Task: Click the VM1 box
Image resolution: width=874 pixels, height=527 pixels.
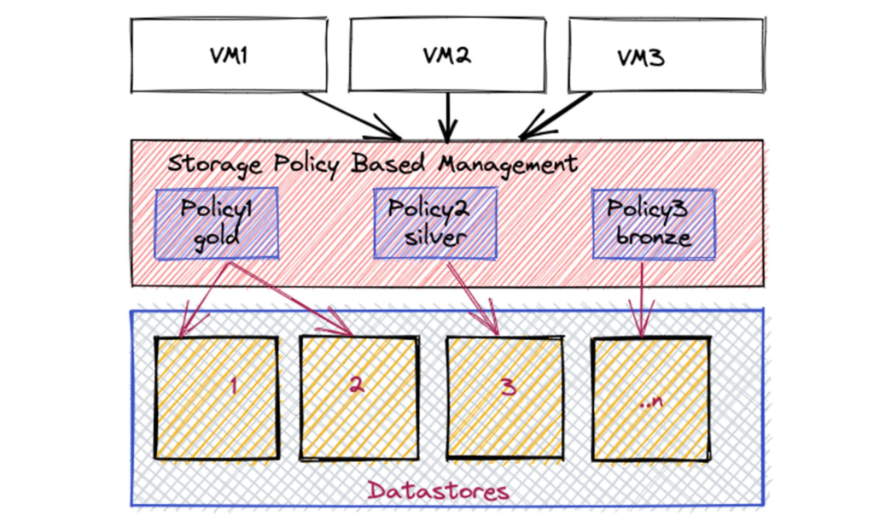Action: tap(228, 55)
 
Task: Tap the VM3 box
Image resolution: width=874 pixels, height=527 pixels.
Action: tap(666, 55)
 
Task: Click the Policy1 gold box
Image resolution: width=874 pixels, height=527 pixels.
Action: tap(218, 223)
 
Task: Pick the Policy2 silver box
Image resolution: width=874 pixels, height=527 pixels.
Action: tap(435, 222)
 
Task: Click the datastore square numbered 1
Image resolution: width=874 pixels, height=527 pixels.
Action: tap(216, 397)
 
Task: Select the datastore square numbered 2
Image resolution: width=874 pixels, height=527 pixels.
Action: tap(358, 397)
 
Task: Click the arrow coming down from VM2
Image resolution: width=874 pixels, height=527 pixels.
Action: tap(447, 115)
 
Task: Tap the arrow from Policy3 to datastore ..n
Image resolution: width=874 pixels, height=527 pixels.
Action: tap(641, 295)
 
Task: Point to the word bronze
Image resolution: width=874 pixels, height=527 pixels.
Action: tap(653, 237)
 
